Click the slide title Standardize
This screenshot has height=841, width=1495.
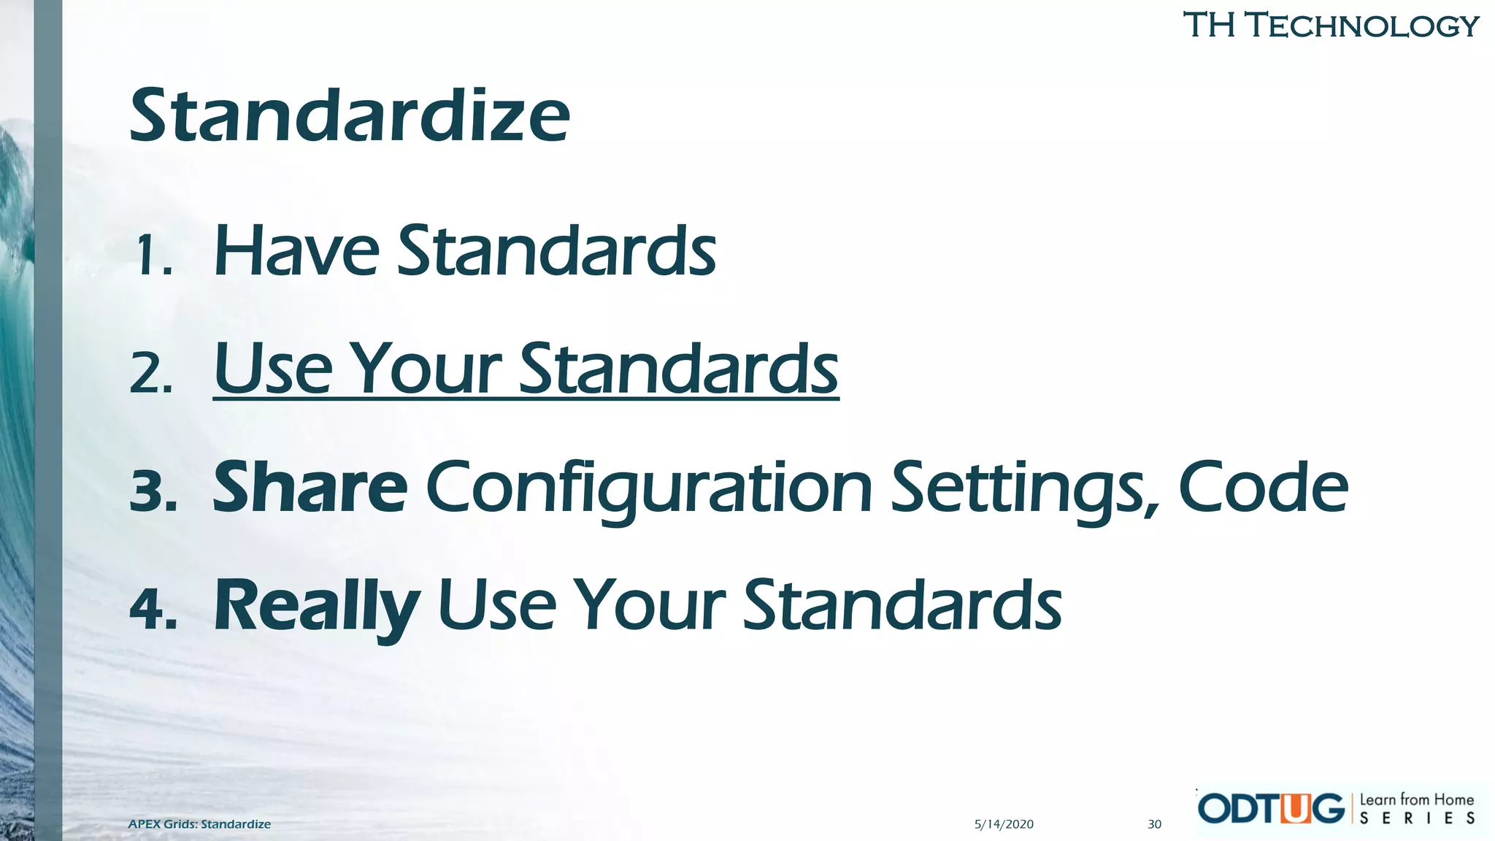click(349, 117)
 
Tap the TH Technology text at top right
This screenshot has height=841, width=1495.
click(1330, 26)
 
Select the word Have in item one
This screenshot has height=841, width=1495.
click(296, 251)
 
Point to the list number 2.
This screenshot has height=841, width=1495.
click(151, 374)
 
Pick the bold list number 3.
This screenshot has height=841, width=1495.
click(153, 491)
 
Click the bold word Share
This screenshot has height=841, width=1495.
click(310, 488)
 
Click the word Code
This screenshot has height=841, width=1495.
click(1263, 488)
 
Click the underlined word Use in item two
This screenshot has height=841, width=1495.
click(273, 369)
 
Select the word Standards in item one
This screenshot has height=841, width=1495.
click(556, 251)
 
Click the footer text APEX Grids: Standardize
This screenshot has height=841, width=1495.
click(199, 824)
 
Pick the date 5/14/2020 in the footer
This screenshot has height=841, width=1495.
click(1004, 824)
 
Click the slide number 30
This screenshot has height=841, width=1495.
click(1154, 824)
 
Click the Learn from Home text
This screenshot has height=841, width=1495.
click(1416, 800)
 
